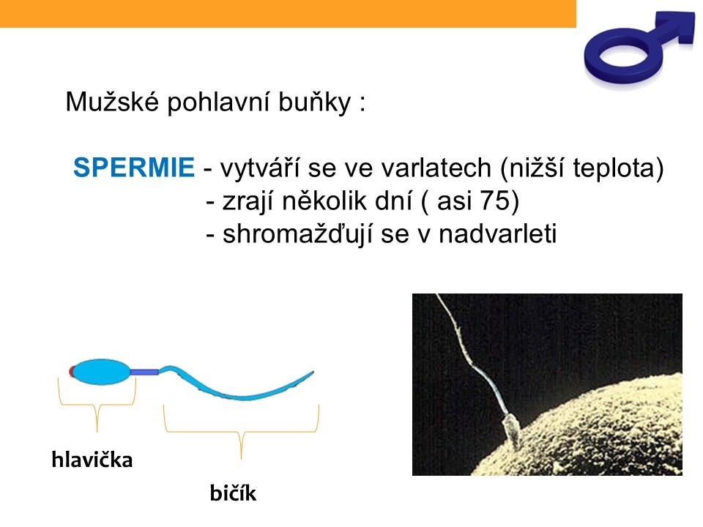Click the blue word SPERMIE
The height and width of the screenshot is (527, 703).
coord(133,168)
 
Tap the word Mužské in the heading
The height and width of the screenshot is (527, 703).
coord(112,101)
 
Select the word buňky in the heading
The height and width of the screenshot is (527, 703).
coord(314,102)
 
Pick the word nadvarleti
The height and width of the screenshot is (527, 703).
coord(498,234)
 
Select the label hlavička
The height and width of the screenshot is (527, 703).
coord(92,460)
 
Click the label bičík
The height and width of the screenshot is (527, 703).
coord(233,493)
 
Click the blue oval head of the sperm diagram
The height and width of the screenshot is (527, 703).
coord(101,372)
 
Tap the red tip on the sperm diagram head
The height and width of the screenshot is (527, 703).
coord(71,372)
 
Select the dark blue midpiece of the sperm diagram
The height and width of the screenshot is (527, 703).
coord(144,372)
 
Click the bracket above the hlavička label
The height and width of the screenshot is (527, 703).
coord(97,405)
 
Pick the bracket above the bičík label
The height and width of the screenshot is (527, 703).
coord(241,432)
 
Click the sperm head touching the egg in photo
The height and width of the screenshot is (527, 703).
coord(512,430)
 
